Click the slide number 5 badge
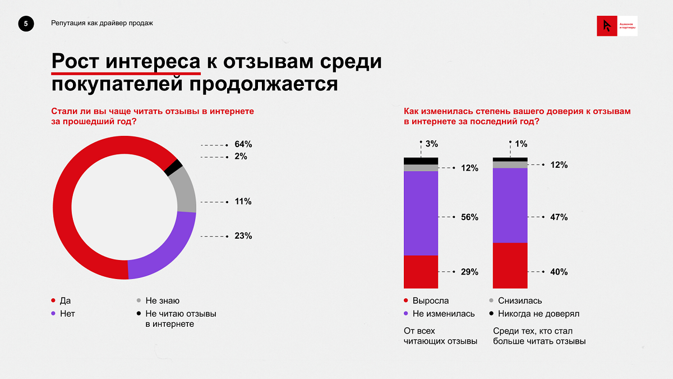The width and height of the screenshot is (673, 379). pos(25,23)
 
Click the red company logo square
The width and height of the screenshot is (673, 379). pos(606,26)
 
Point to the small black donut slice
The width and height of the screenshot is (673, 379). pos(174,167)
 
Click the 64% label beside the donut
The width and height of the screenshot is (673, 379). pos(243,144)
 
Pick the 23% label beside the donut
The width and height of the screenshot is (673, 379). pos(243,236)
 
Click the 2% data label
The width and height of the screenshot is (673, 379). pos(241,157)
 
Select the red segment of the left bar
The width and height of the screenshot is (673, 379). pos(421,272)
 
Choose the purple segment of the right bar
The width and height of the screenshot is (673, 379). pos(510,205)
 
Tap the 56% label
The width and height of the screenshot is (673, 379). pos(469,217)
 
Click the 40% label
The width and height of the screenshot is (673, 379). pos(559,272)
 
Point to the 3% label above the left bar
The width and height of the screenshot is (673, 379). pos(431,144)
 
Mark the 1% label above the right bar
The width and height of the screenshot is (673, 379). pos(521,144)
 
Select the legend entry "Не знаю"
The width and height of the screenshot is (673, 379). pos(162,301)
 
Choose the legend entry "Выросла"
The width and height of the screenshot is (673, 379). pos(430,301)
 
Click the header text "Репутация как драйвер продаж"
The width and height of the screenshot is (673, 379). pos(102,23)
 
